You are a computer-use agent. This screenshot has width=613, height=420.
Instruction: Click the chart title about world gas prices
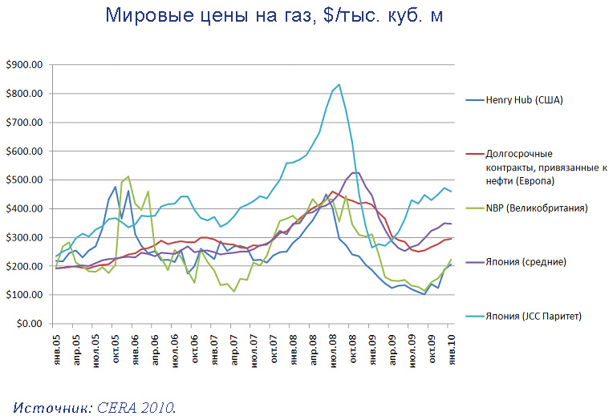pyautogui.click(x=274, y=16)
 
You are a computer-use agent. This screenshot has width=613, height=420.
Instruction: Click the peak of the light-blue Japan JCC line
pyautogui.click(x=339, y=84)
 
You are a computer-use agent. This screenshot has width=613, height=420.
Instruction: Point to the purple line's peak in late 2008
pyautogui.click(x=355, y=172)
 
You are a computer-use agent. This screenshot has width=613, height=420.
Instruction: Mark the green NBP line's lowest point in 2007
pyautogui.click(x=234, y=291)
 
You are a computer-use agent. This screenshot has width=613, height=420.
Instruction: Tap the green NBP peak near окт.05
pyautogui.click(x=128, y=176)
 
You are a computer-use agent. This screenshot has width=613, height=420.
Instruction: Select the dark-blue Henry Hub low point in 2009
pyautogui.click(x=424, y=294)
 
